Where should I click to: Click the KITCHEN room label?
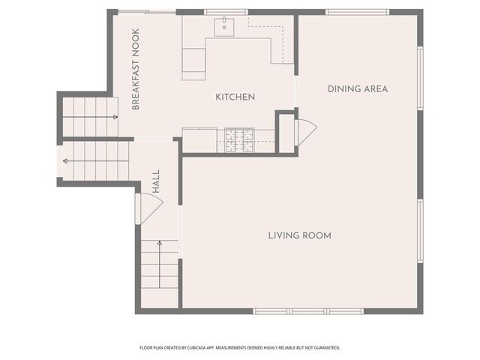click(x=235, y=97)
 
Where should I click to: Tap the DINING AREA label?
click(x=358, y=89)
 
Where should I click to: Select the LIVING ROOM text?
click(x=300, y=235)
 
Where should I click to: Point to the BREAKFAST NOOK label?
click(x=136, y=69)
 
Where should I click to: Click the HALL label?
click(x=156, y=181)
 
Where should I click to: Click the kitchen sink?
click(x=224, y=27)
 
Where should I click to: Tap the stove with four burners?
click(x=240, y=140)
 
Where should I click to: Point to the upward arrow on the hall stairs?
click(x=160, y=264)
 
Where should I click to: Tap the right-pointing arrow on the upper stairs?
click(x=90, y=117)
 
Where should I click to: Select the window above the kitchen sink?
click(x=226, y=12)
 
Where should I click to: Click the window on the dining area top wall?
click(x=357, y=12)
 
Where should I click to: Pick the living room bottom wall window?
click(x=308, y=311)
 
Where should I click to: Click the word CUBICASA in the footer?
click(x=196, y=348)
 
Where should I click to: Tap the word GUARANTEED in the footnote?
click(x=328, y=348)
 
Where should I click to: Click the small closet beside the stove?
click(x=286, y=133)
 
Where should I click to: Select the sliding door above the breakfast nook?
click(x=147, y=12)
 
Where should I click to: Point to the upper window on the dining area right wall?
click(x=421, y=78)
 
